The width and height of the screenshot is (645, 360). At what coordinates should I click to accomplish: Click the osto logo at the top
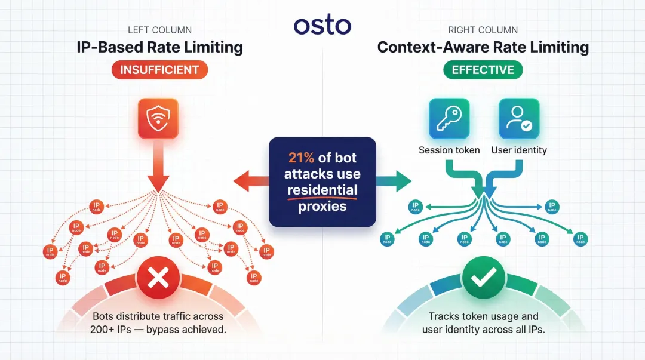[322, 26]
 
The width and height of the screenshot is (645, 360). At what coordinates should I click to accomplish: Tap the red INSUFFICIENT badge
[159, 70]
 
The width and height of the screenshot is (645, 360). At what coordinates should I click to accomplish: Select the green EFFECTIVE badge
[483, 70]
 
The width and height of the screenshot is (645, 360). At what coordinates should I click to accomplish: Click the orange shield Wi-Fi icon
[159, 118]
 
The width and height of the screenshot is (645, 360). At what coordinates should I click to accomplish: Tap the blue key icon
[449, 118]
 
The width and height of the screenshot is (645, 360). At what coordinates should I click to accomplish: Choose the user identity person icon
[519, 118]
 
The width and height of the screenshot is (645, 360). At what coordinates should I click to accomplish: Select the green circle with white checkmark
[484, 277]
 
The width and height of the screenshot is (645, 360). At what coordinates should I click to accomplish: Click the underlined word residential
[322, 190]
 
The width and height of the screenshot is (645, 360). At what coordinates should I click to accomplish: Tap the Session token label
[449, 150]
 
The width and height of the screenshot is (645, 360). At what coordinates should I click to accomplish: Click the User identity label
[519, 150]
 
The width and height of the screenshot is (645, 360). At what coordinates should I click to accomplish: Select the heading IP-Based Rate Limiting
[159, 47]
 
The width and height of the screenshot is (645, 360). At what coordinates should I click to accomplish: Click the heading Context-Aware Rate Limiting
[483, 47]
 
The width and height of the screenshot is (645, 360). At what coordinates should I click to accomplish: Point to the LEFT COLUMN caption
[159, 30]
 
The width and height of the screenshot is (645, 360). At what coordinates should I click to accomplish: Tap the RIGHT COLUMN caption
[483, 30]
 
